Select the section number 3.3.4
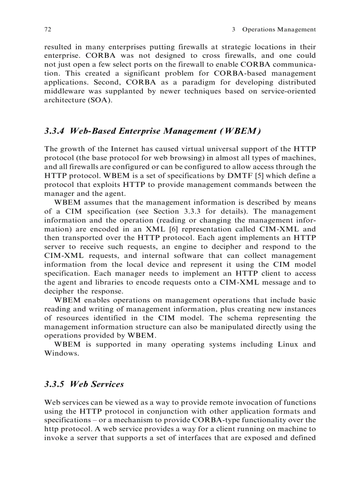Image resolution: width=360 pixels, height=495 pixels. click(55, 131)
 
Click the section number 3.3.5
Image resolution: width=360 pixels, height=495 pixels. click(55, 384)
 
